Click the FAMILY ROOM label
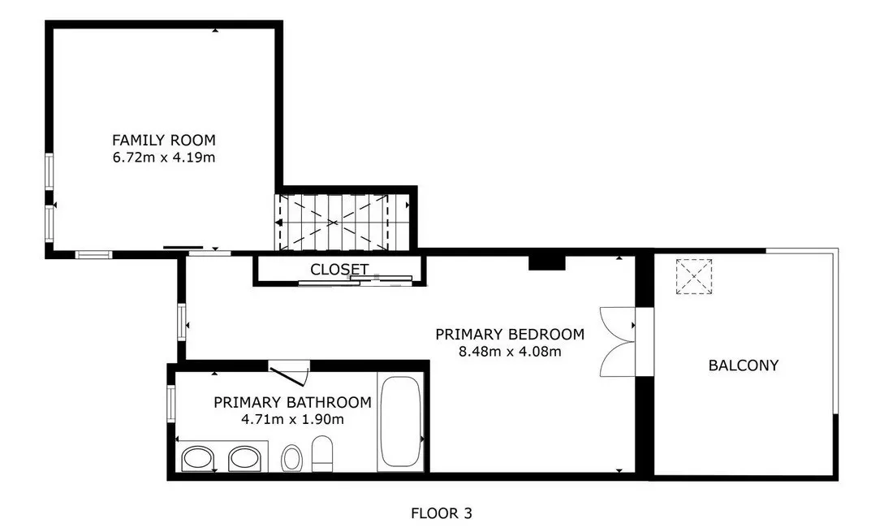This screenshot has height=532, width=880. pyautogui.click(x=164, y=140)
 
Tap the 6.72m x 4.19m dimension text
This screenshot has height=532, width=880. pyautogui.click(x=164, y=158)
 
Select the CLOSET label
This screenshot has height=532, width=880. pyautogui.click(x=339, y=270)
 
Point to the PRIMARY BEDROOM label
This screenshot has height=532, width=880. pyautogui.click(x=510, y=335)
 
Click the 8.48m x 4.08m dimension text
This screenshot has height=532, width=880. pyautogui.click(x=510, y=352)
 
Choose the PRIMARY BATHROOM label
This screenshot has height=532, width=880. pyautogui.click(x=292, y=402)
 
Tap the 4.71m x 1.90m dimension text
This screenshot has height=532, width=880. pyautogui.click(x=292, y=419)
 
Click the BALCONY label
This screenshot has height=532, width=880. pyautogui.click(x=744, y=365)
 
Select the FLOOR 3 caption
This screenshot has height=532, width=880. pyautogui.click(x=442, y=513)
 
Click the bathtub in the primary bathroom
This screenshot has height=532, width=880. pyautogui.click(x=400, y=422)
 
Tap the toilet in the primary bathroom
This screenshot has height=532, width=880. pyautogui.click(x=322, y=453)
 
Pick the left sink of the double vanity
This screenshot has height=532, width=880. pyautogui.click(x=197, y=458)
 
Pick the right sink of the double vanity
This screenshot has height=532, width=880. pyautogui.click(x=244, y=458)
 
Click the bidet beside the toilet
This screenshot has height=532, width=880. pyautogui.click(x=291, y=458)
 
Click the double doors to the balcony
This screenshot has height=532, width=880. pyautogui.click(x=618, y=342)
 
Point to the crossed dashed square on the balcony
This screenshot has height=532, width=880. pyautogui.click(x=693, y=276)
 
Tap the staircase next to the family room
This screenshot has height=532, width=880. pyautogui.click(x=334, y=223)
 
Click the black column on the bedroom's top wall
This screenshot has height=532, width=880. pyautogui.click(x=546, y=262)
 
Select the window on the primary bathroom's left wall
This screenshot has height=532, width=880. pyautogui.click(x=172, y=404)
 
